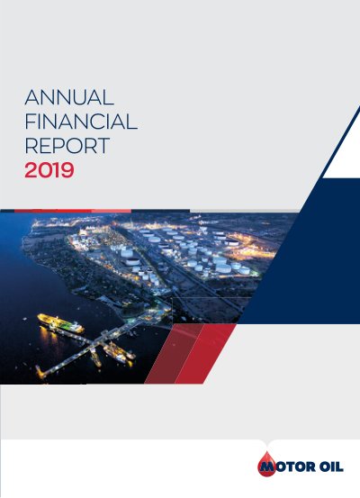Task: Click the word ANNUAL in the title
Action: click(x=69, y=97)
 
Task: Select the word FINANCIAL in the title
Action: click(x=81, y=122)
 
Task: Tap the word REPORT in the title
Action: click(x=67, y=146)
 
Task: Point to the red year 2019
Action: click(x=49, y=170)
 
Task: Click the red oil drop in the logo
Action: click(x=266, y=464)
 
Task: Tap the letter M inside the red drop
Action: click(x=267, y=466)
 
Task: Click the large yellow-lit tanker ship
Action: click(x=60, y=323)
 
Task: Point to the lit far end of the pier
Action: click(x=40, y=373)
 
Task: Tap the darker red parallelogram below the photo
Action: click(x=174, y=354)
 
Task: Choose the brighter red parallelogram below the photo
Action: click(x=205, y=354)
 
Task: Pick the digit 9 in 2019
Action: click(x=67, y=170)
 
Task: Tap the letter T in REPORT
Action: click(x=103, y=146)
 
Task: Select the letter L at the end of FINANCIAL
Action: click(x=132, y=122)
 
